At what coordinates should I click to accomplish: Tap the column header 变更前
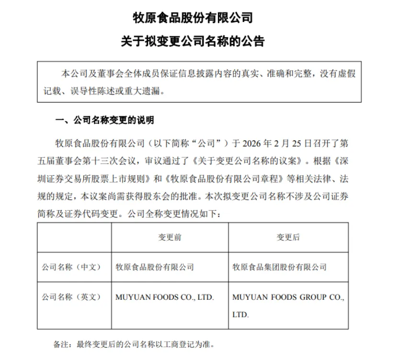(x=170, y=237)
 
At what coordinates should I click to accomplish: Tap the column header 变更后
(x=287, y=237)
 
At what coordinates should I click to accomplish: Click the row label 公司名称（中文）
(x=71, y=267)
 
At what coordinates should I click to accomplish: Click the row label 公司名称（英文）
(x=71, y=297)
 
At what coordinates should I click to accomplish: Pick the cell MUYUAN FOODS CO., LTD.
(x=165, y=297)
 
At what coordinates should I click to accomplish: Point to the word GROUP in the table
(x=313, y=297)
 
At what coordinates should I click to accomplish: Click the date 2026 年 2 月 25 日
(x=278, y=143)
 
